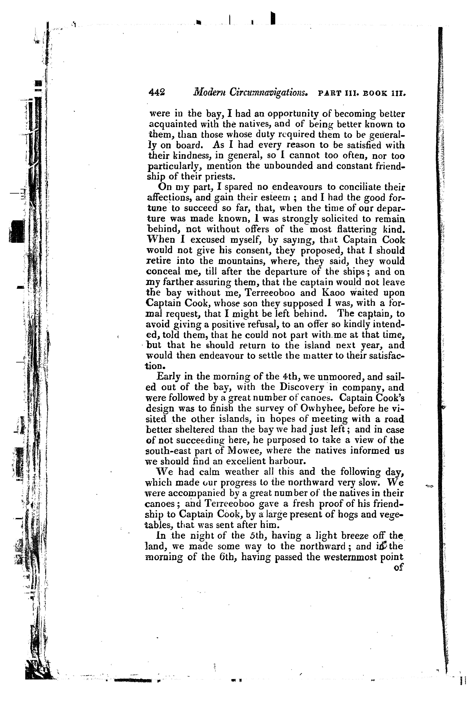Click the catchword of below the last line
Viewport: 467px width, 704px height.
398,568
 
